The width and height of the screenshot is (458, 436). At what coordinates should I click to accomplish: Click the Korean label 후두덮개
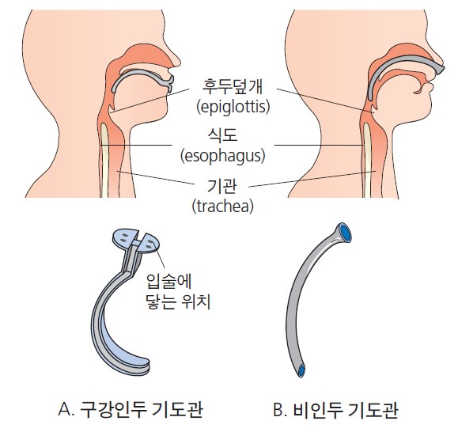pyautogui.click(x=233, y=86)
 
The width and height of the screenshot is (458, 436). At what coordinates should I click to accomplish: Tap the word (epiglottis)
pyautogui.click(x=233, y=107)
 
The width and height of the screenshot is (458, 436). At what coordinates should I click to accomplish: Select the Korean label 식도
pyautogui.click(x=222, y=135)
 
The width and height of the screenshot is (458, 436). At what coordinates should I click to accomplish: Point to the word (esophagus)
pyautogui.click(x=223, y=156)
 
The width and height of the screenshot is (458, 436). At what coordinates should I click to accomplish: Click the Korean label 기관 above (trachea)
pyautogui.click(x=221, y=187)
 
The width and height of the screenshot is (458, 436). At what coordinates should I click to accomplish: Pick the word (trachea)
pyautogui.click(x=222, y=207)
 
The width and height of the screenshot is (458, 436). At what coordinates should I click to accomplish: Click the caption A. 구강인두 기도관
pyautogui.click(x=131, y=409)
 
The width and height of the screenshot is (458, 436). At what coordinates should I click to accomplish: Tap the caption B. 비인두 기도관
pyautogui.click(x=335, y=410)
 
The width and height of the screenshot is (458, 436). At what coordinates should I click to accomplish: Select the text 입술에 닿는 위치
pyautogui.click(x=178, y=291)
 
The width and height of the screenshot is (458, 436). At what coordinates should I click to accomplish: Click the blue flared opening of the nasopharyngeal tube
pyautogui.click(x=344, y=233)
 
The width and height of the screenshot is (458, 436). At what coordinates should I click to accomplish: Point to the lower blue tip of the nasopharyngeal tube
pyautogui.click(x=301, y=370)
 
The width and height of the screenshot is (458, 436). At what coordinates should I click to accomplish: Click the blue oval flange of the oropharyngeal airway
pyautogui.click(x=136, y=241)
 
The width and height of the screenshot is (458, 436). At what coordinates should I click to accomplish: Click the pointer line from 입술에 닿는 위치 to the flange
pyautogui.click(x=160, y=258)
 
